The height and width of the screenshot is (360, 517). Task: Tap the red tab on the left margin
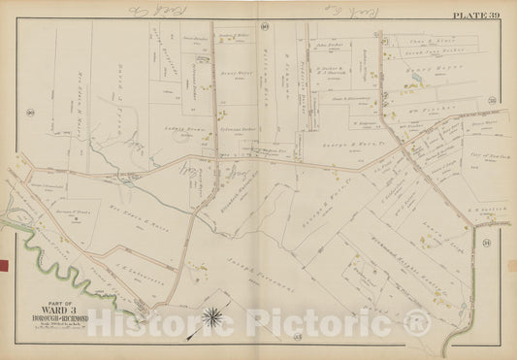tap(4, 263)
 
